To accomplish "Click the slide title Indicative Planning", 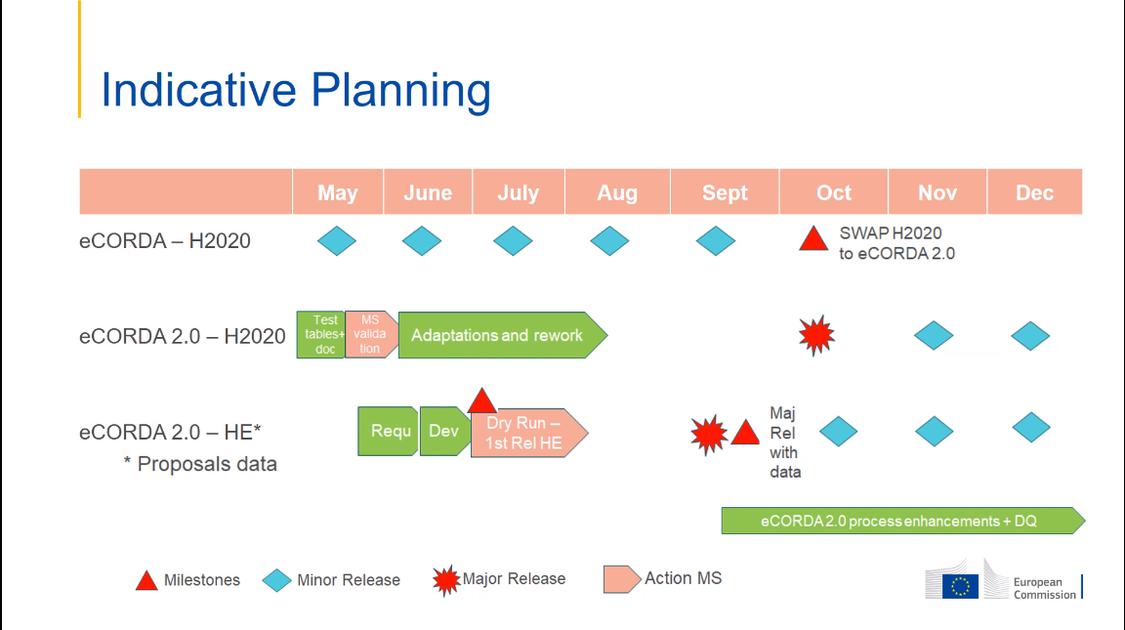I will (296, 90).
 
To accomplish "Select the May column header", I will (337, 192).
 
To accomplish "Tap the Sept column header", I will (725, 192).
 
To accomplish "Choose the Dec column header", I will (1034, 192).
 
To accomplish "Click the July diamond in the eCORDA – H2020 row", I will (513, 240).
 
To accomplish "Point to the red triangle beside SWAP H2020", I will (813, 239).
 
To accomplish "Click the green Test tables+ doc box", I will (321, 335).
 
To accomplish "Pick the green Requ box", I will (389, 432).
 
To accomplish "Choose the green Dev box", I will (444, 432).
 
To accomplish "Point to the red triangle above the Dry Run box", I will (481, 401).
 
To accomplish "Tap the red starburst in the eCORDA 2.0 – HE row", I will (709, 433).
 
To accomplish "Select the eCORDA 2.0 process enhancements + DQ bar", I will (898, 521).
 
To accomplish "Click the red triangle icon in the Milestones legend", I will (146, 581).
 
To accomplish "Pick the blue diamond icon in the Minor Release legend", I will (277, 581).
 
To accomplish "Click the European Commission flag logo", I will (960, 584).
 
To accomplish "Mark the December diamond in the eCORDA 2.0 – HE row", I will (1030, 427).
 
